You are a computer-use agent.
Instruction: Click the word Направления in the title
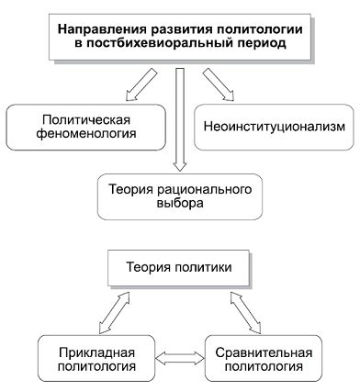(x=98, y=28)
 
